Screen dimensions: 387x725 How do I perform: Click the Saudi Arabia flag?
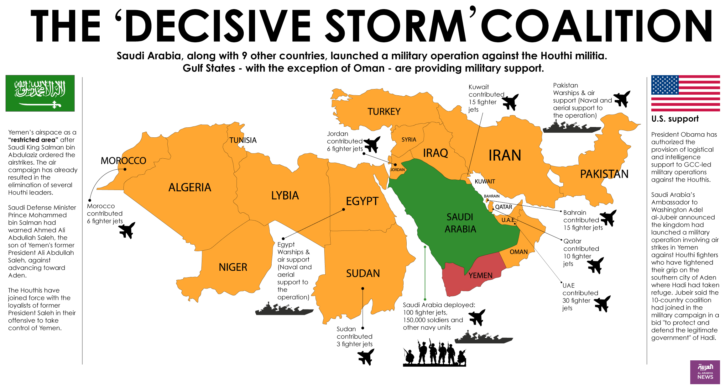click(40, 93)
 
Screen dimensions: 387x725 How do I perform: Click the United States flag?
click(685, 93)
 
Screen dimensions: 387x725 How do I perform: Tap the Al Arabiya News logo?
click(705, 372)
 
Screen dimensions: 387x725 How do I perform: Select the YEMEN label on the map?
click(480, 275)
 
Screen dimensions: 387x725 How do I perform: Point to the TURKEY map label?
click(384, 112)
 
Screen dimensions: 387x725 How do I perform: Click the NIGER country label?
click(233, 267)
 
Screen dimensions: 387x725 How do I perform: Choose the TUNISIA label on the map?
click(243, 140)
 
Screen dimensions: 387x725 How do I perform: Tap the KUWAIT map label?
click(485, 182)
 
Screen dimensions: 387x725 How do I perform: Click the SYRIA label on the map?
click(409, 140)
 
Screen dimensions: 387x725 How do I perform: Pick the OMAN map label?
click(519, 252)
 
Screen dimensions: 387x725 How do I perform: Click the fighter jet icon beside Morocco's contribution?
click(127, 230)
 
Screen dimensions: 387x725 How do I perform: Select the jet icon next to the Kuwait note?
click(510, 102)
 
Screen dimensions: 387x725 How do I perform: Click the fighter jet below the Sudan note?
click(366, 357)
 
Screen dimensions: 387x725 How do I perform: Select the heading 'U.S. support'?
click(675, 119)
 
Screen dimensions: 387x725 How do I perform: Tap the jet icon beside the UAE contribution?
click(602, 303)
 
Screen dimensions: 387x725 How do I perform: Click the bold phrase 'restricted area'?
click(33, 140)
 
